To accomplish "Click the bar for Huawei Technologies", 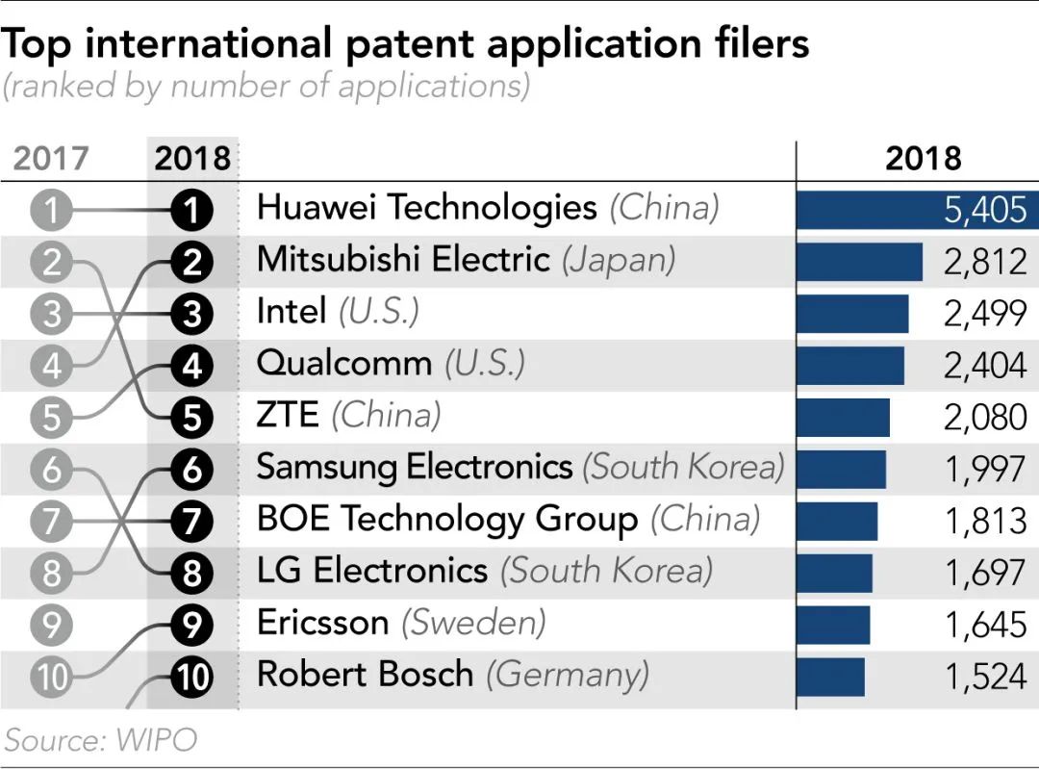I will pos(914,209).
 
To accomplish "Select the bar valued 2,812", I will pos(859,261).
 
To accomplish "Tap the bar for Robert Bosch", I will pos(830,677).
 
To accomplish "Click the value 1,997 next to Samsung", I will pos(985,470).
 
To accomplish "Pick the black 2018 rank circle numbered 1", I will pos(191,210).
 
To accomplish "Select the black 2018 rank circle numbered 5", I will pos(191,418).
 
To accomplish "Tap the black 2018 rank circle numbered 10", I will pos(191,678).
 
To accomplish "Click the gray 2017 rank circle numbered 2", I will pos(51,261).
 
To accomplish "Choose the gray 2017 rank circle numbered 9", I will pos(51,626).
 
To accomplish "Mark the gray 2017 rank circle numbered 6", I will pos(51,470).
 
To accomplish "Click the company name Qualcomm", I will pos(343,364).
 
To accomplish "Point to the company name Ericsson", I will pos(322,624).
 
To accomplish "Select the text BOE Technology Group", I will pos(446,520).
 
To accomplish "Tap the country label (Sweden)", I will pos(473,624).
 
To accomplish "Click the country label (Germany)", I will pos(567,675).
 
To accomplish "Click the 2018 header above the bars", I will pos(923,158).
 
